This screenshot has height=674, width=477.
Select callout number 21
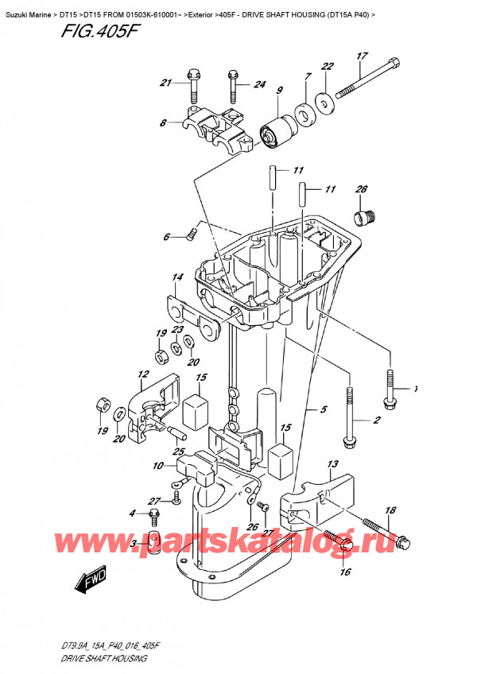pyautogui.click(x=165, y=83)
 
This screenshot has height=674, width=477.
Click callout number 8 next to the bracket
pyautogui.click(x=163, y=123)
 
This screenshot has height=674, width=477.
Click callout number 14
pyautogui.click(x=176, y=277)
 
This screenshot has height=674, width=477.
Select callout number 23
pyautogui.click(x=177, y=329)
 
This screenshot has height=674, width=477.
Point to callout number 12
pyautogui.click(x=143, y=374)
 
